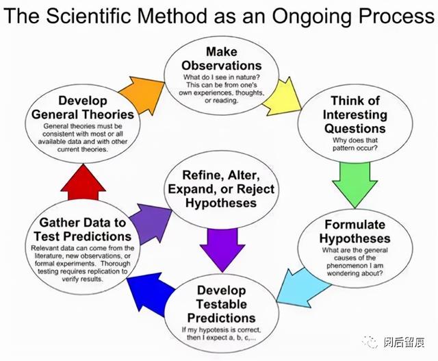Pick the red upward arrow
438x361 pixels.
click(83, 182)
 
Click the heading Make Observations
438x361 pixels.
click(222, 58)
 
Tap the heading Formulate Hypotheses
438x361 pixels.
click(355, 232)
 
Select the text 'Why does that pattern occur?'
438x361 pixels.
click(355, 144)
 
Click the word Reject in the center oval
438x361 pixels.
click(255, 189)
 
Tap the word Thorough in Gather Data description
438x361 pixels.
click(116, 264)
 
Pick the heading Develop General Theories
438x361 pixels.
click(83, 108)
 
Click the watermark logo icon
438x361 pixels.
click(370, 343)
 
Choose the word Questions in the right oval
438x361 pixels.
click(355, 129)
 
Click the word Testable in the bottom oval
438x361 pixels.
click(222, 304)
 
